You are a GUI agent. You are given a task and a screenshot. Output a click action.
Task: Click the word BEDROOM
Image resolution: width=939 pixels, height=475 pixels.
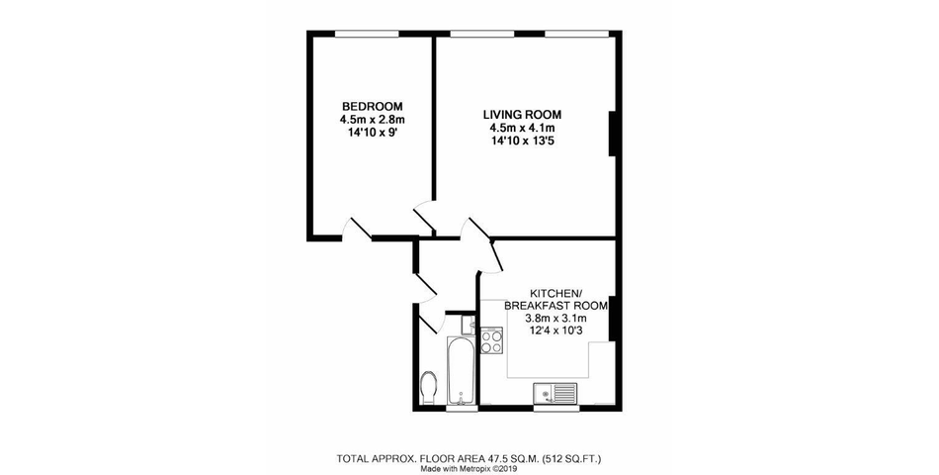coord(372,107)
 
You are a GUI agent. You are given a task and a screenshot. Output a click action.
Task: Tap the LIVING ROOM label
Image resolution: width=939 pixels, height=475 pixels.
coord(524,115)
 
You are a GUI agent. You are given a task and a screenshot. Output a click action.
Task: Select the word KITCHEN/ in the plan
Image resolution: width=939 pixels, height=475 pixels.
coord(556,294)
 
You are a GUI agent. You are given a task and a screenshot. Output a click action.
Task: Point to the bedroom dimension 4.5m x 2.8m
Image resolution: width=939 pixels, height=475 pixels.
coord(372,120)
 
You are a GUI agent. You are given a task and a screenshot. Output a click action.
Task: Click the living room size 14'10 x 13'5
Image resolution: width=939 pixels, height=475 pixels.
coord(524,141)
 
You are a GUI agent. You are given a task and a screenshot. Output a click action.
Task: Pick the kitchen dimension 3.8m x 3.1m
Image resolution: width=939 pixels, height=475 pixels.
coord(556,319)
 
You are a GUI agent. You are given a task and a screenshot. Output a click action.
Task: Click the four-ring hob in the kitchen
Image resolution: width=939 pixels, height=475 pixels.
coord(492,341)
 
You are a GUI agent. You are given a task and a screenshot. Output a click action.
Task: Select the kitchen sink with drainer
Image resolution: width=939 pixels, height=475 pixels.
coord(555,393)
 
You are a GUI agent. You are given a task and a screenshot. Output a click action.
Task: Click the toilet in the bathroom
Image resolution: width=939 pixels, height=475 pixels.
coord(429,389)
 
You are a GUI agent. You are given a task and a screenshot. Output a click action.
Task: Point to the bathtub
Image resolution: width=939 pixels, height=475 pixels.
coord(463,370)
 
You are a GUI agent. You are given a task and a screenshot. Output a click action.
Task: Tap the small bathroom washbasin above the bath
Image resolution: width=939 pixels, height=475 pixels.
coord(469,325)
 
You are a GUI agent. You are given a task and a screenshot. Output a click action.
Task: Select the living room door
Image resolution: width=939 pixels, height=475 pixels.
coord(426,218)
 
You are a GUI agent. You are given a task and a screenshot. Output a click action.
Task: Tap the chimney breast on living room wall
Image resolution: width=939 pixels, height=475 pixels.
coord(613,135)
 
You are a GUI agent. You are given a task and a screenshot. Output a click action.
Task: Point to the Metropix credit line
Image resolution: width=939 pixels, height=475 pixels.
coord(469,469)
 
